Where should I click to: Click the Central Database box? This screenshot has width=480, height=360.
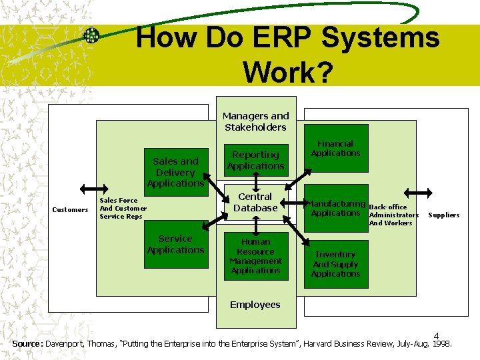coord(255,202)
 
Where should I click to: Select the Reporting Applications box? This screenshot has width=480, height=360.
coord(255,160)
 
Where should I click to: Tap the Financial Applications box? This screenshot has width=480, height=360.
coord(335,149)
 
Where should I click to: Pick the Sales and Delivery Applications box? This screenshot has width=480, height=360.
coord(175,171)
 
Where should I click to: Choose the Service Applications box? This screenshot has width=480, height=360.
coord(175,245)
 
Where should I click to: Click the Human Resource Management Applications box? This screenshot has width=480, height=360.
coord(255,256)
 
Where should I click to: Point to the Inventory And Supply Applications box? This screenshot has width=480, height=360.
coord(335,264)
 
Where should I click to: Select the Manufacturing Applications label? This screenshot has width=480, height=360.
coord(335,208)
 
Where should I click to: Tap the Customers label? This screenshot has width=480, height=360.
coord(70,210)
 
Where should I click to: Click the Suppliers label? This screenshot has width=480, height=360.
coord(443,215)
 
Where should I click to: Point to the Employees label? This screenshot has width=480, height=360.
coord(255,305)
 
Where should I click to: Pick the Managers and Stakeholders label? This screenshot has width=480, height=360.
coord(255,121)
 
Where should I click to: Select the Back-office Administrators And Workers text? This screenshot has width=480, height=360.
coord(393,215)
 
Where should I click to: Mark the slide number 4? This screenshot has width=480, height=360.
coord(437,335)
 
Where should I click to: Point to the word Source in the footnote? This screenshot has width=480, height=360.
coord(27,344)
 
